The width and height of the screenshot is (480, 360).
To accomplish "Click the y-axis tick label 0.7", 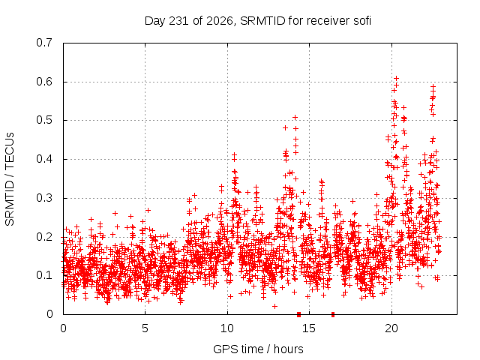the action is coord(44,43).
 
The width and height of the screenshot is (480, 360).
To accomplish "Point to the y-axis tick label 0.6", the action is coord(44,82).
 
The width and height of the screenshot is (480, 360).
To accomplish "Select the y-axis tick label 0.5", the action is coord(44,120).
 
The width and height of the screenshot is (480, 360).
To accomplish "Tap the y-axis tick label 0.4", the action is coord(44,159).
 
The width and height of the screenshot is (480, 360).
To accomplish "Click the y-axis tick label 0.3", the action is coord(44,198).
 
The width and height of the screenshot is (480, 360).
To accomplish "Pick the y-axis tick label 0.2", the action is coord(44,237).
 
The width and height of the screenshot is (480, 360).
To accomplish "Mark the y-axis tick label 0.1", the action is coord(44,275).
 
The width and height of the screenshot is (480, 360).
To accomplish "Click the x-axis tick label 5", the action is coord(145,328).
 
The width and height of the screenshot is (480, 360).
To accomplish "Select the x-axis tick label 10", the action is coord(227,328).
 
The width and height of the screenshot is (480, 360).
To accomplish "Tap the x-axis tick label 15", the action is coord(309,328).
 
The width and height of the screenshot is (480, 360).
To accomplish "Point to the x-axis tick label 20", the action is coord(391,328).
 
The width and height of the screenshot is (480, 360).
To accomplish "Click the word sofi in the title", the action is coord(362,21).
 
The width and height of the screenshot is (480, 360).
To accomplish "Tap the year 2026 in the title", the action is coord(219,21).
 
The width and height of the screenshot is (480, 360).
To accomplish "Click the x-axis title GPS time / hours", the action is coord(258,349).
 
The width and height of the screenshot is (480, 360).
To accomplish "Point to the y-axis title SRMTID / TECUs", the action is coord(10,179).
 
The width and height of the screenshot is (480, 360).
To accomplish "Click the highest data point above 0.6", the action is coord(397,78).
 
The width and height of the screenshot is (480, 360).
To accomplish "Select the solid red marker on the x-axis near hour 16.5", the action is coord(333,314).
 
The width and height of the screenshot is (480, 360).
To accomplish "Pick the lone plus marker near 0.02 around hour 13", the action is coord(275,306).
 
